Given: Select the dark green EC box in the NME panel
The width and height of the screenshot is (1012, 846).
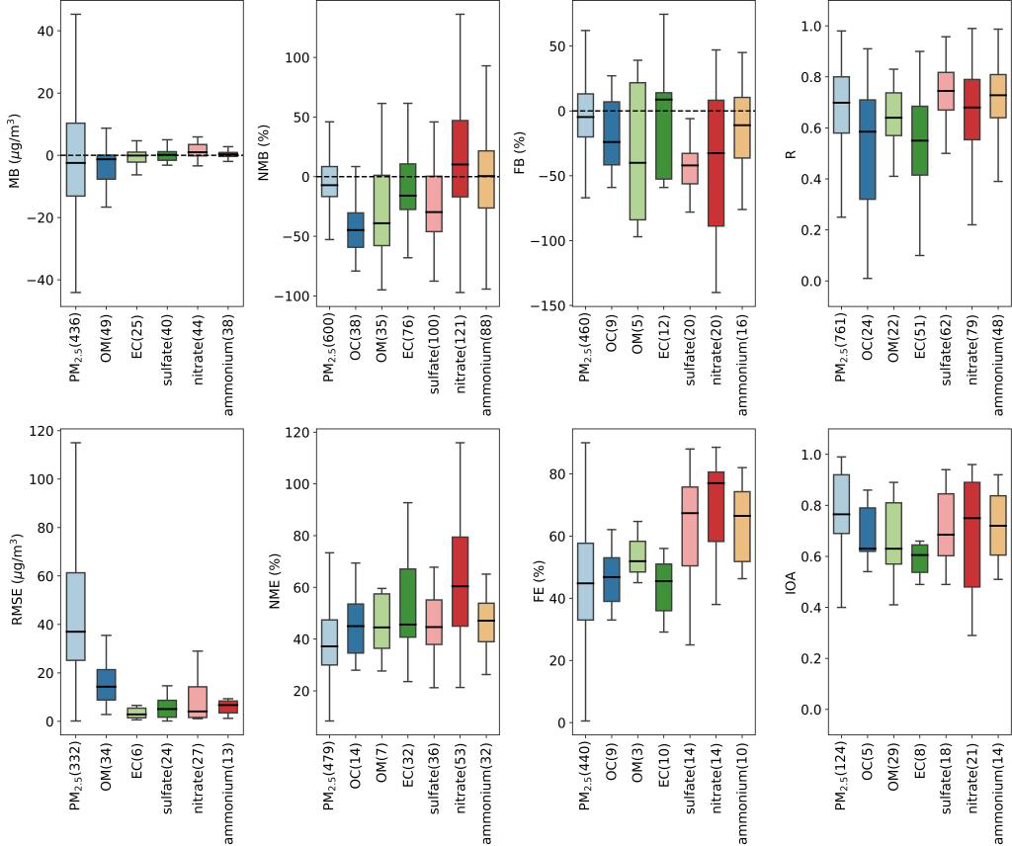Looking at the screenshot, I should [x=407, y=603].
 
